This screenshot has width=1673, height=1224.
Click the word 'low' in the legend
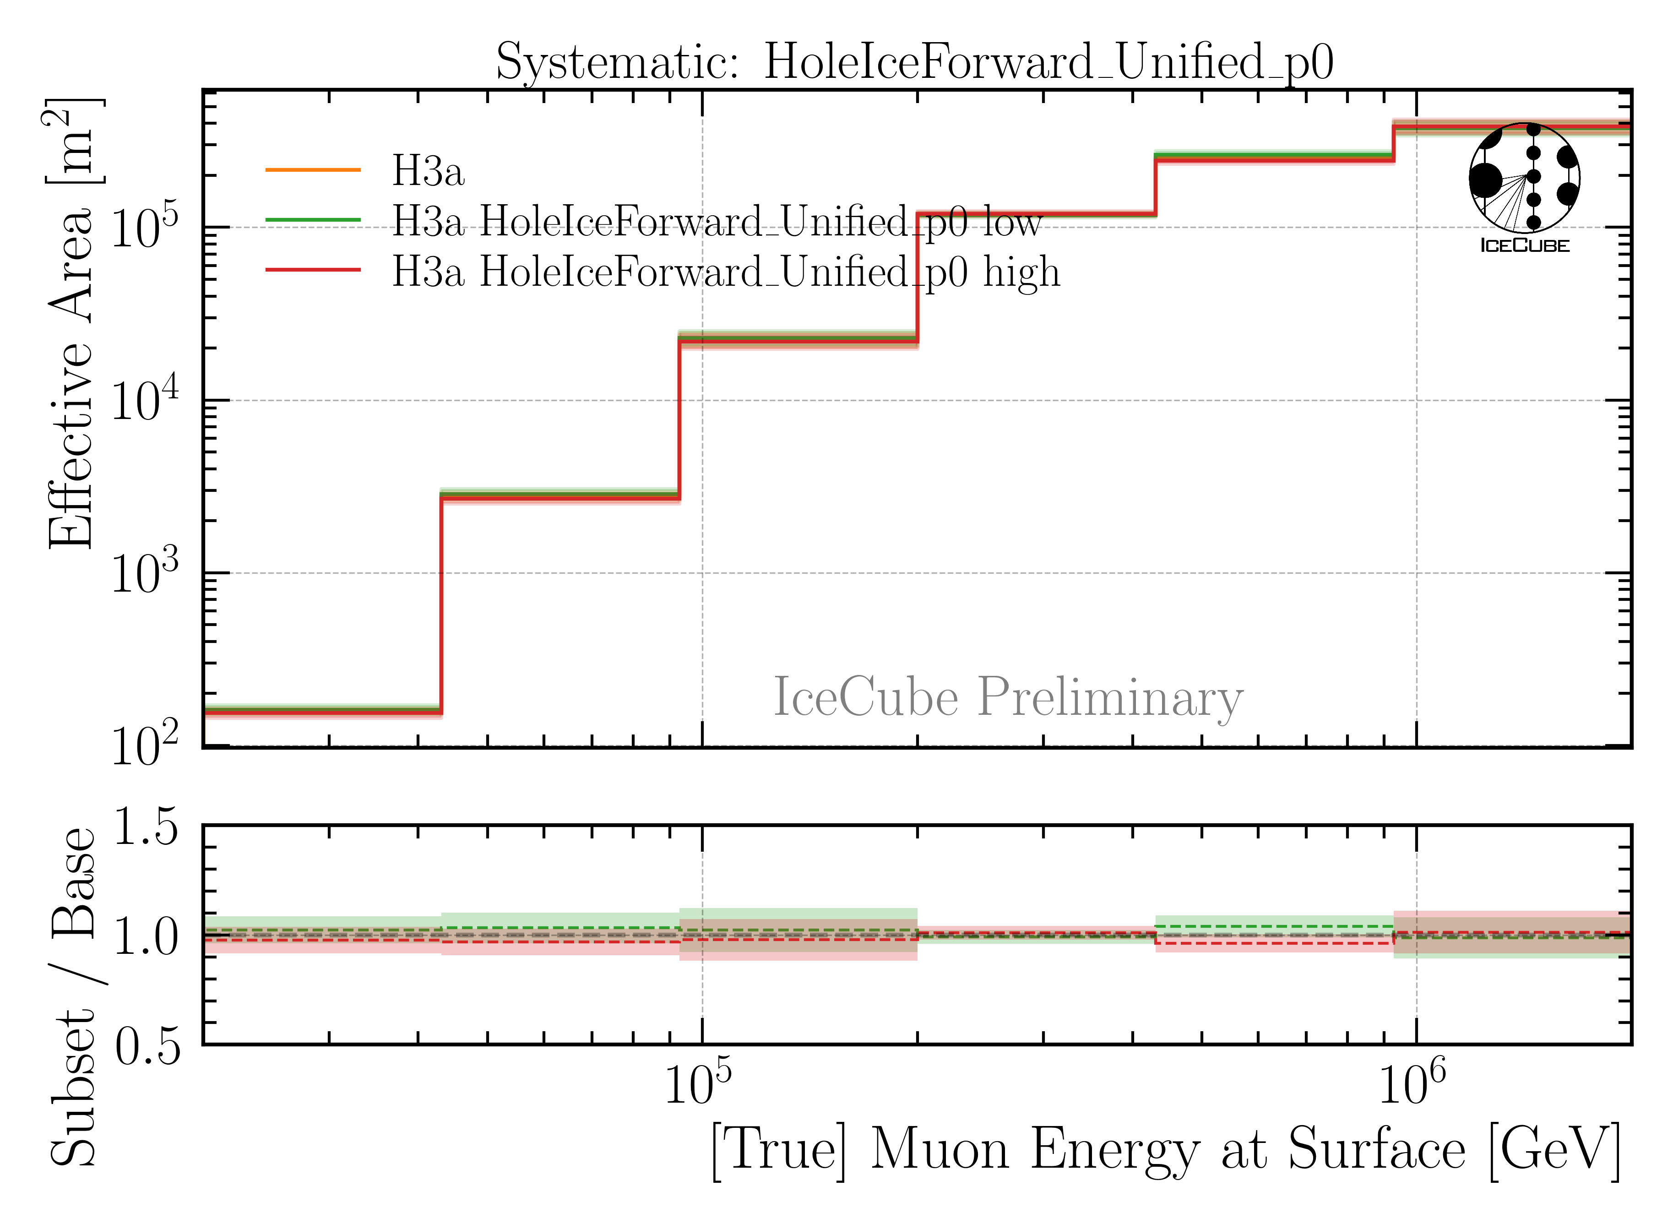(1012, 222)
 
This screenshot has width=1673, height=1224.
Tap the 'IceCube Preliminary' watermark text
(1008, 697)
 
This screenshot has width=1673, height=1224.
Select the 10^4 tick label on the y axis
(145, 400)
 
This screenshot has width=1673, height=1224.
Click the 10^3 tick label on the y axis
(145, 573)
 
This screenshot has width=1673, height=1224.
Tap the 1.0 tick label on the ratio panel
(147, 936)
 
